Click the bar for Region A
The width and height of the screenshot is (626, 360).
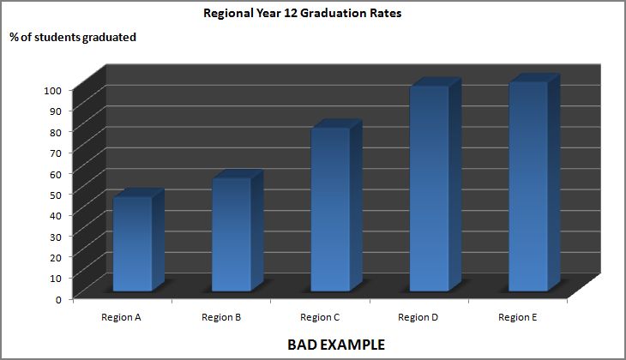click(x=132, y=244)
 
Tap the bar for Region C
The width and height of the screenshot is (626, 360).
click(x=330, y=209)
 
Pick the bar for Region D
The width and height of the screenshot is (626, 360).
click(x=429, y=189)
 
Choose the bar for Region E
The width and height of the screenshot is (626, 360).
click(x=527, y=186)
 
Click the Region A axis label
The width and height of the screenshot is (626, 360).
click(x=121, y=317)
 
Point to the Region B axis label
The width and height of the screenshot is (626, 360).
click(x=221, y=317)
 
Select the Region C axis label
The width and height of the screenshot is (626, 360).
click(x=320, y=317)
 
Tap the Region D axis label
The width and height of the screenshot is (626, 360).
click(x=418, y=317)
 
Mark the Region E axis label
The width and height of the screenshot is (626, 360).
click(x=518, y=317)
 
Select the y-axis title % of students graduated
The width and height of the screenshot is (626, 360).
click(x=73, y=38)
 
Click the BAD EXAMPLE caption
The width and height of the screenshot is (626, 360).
click(x=335, y=345)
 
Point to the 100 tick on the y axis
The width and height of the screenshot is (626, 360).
click(x=53, y=90)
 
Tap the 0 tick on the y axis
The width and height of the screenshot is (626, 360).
click(x=58, y=299)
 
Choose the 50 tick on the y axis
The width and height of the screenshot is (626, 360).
click(x=56, y=195)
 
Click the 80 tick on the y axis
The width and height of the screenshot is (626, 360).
click(x=56, y=132)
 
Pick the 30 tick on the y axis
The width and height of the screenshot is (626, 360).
click(x=56, y=237)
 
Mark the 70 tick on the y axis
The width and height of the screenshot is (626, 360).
click(x=56, y=153)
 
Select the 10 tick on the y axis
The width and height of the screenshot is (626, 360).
click(x=56, y=278)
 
